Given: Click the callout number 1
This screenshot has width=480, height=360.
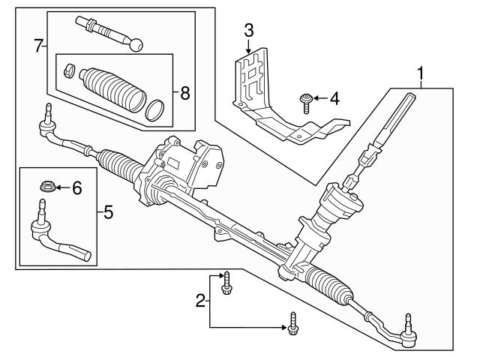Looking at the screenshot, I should pos(422,73).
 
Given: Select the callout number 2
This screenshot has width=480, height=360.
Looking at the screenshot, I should pos(200,301).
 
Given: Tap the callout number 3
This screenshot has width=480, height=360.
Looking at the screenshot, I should pos(249,30).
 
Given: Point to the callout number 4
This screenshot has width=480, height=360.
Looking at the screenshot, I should pos(334,97).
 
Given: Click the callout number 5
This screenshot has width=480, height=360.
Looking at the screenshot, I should pos(108,213).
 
